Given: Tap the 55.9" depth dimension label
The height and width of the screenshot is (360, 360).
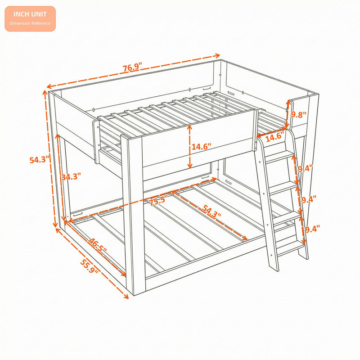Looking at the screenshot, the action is [89, 266].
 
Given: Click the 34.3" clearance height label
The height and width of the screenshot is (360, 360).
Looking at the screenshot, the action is [71, 176].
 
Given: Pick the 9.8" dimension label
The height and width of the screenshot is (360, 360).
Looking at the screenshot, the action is [299, 115].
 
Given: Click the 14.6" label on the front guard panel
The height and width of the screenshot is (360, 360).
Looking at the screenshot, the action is [201, 147].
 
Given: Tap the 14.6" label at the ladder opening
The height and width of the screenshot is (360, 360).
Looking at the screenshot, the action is [275, 137].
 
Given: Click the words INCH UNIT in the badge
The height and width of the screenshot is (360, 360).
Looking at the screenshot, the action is [30, 14].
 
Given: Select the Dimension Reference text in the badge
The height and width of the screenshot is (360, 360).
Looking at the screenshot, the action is [30, 23].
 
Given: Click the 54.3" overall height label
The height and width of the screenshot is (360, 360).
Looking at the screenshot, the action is [40, 160].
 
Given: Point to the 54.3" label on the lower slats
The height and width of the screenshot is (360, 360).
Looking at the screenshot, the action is [211, 211].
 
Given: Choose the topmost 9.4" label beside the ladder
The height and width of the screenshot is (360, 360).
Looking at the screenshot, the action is [306, 169].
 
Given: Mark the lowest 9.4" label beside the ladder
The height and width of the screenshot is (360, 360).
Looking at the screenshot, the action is [312, 229].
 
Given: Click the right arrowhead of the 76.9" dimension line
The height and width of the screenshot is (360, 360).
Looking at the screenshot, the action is [217, 55].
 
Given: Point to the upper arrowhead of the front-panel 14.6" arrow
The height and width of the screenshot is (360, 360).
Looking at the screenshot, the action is [189, 128].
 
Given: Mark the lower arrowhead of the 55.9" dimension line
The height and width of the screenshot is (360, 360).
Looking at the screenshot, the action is [126, 297].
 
